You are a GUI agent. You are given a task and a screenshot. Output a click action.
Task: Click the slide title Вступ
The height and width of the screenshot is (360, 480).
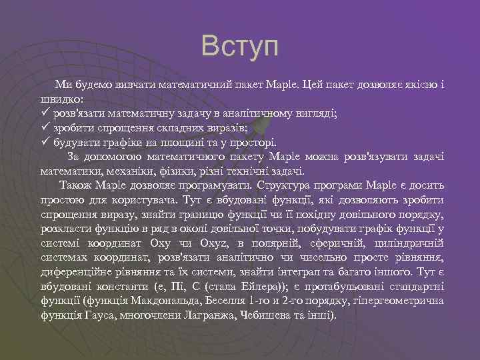click(240, 46)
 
